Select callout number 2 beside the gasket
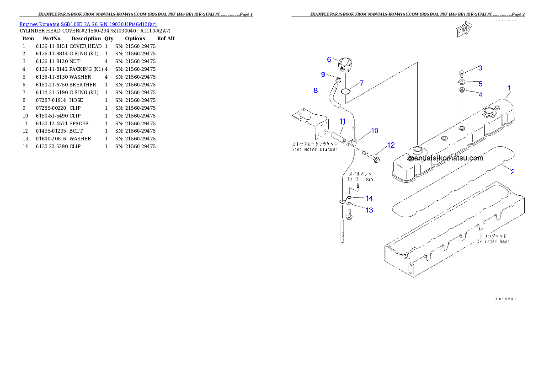512,172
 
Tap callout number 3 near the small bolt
480,68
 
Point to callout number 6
329,59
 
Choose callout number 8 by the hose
315,91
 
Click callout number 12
390,145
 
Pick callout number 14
369,198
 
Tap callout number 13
369,210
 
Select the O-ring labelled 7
346,90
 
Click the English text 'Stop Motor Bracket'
315,149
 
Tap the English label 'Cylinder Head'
493,241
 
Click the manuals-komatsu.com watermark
445,158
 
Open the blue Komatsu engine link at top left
88,24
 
